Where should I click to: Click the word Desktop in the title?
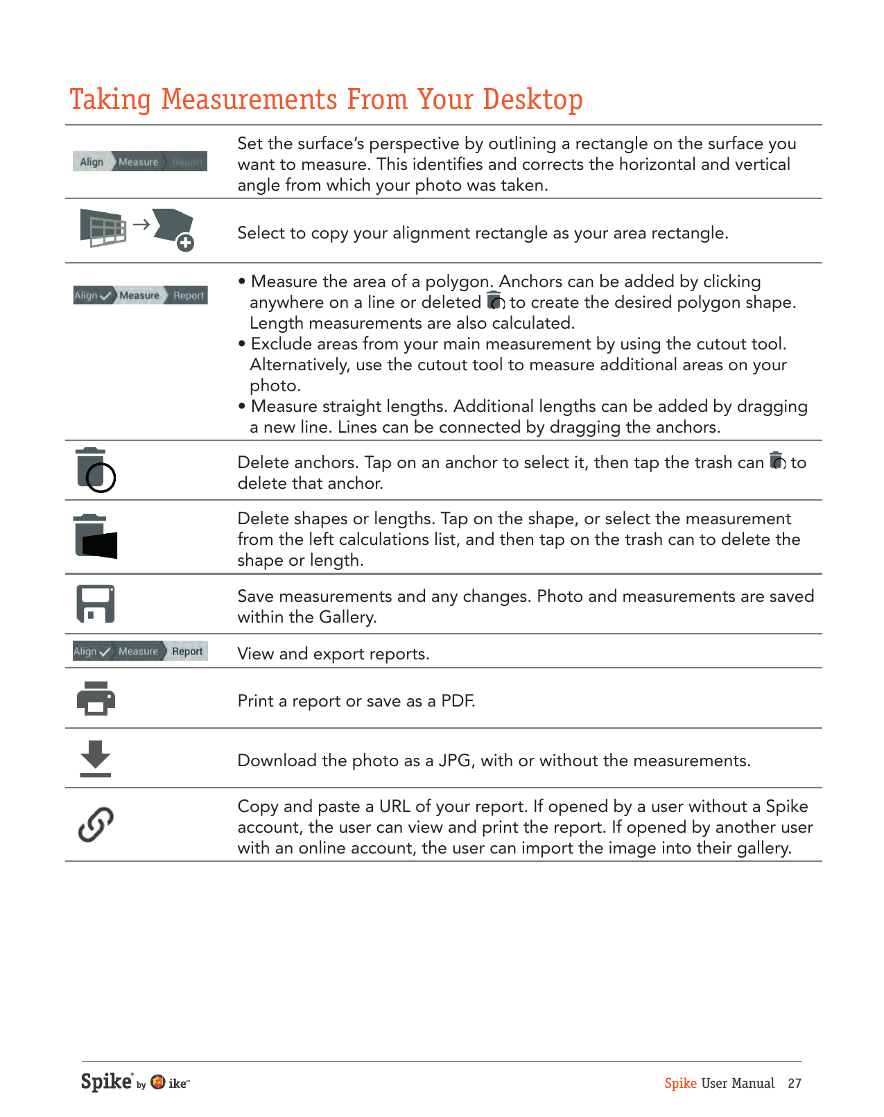click(x=532, y=100)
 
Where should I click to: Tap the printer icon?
click(x=96, y=698)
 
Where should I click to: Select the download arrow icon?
click(x=96, y=759)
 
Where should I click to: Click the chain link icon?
click(x=96, y=824)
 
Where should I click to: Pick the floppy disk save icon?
click(x=96, y=604)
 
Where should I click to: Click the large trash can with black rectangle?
click(x=96, y=537)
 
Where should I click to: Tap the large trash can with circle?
click(x=96, y=470)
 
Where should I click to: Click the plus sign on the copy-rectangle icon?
click(x=185, y=243)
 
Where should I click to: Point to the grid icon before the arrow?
click(x=103, y=227)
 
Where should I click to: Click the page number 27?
click(x=795, y=1084)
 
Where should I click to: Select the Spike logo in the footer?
click(x=107, y=1082)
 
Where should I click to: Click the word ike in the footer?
click(x=177, y=1084)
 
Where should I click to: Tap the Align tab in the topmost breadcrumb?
click(x=92, y=162)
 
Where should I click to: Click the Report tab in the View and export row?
click(x=187, y=651)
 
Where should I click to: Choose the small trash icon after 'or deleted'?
click(x=495, y=301)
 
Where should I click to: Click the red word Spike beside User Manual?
click(x=680, y=1084)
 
